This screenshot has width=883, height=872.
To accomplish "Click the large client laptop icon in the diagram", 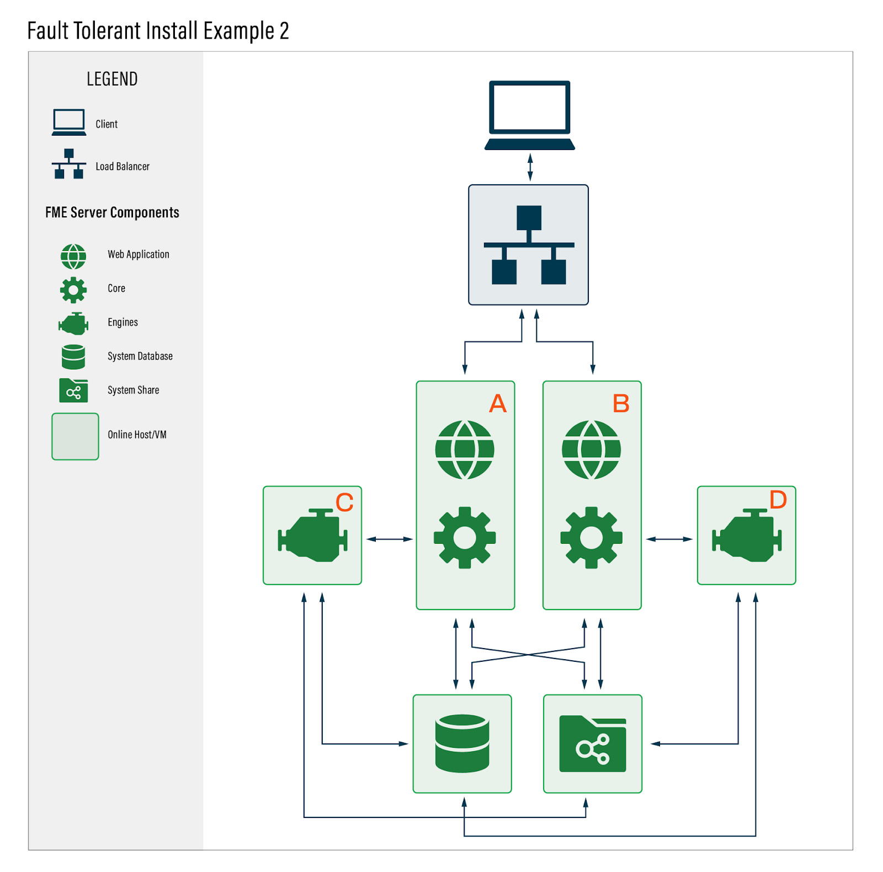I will [529, 115].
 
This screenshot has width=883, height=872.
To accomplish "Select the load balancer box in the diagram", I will [528, 245].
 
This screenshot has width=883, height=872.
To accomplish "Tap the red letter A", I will [497, 404].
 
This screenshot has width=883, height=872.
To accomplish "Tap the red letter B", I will [621, 404].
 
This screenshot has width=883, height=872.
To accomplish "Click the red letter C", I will [344, 502].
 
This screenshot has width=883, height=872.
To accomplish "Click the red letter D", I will [778, 500].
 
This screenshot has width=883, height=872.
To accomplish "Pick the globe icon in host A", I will [465, 450].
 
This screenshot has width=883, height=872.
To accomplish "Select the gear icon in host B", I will [591, 537].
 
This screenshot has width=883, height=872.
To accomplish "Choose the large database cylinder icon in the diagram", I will [462, 743].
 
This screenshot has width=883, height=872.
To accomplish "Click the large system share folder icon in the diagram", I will [592, 743].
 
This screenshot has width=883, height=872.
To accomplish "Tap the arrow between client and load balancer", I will [530, 167].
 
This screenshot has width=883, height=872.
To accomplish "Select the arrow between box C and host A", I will [389, 539].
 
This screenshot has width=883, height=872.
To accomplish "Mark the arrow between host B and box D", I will [669, 539].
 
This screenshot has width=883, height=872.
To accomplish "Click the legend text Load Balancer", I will [123, 167].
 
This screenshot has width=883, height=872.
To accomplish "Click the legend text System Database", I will [140, 356].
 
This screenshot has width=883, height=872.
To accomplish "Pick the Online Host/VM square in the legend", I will [75, 436].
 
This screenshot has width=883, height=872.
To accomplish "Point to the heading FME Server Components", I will [112, 213].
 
